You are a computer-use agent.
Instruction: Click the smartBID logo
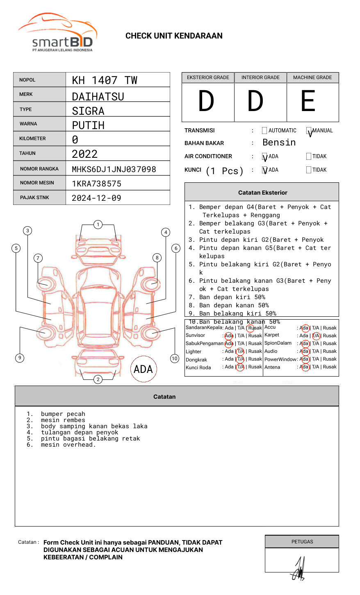point(57,33)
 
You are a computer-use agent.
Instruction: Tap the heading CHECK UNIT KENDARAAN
point(174,36)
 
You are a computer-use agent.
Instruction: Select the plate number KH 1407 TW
point(105,80)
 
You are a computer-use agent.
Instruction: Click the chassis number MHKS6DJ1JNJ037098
point(114,169)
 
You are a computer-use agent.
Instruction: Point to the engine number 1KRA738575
point(96,184)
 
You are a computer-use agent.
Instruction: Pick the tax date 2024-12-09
point(96,198)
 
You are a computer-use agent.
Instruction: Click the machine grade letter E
point(308,101)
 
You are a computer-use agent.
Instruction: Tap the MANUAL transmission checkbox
point(309,131)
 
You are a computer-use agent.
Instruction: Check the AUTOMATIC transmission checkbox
point(264,131)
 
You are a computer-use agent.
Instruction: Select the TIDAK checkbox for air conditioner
point(309,156)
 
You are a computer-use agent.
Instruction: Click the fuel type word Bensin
point(279,143)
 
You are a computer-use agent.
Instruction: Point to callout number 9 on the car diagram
point(20,358)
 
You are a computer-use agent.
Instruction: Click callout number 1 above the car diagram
point(98,224)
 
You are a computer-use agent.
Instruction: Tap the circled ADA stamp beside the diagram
point(144,369)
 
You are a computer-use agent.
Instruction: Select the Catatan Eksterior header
point(262,193)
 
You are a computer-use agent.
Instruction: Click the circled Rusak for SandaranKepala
point(255,328)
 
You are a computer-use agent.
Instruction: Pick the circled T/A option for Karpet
point(316,336)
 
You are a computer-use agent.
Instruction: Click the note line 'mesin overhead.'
point(68,445)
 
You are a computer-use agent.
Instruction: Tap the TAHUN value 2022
point(85,154)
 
